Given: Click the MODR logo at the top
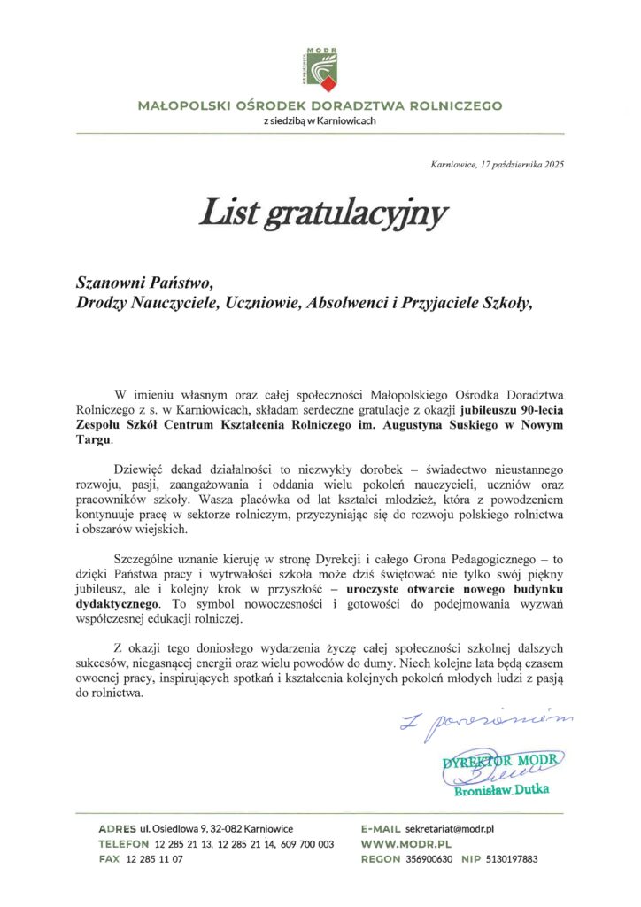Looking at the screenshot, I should (320, 68).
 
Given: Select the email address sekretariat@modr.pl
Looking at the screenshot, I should (449, 827).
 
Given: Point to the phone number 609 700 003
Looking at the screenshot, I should (303, 843).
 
